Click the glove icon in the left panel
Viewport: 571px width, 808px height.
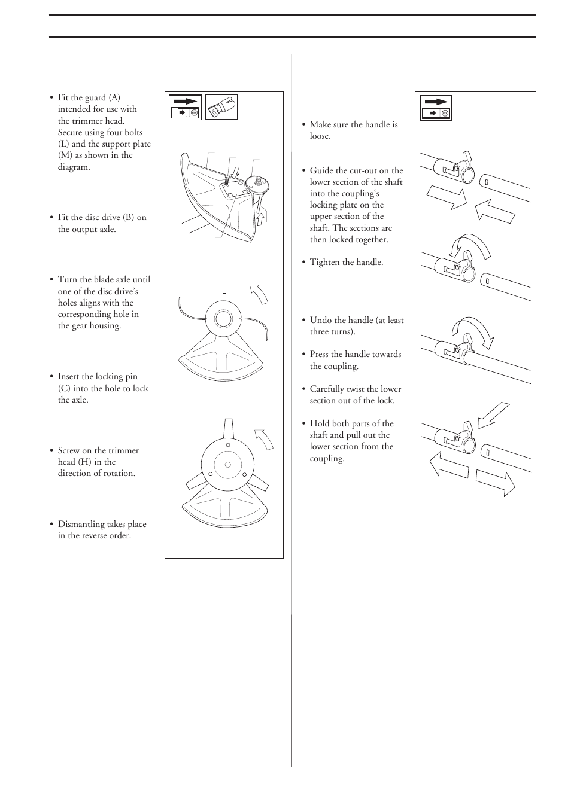point(221,108)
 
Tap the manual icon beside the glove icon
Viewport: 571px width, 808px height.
point(185,108)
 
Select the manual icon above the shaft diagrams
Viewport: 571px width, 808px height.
point(436,108)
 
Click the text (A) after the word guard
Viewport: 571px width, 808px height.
point(114,97)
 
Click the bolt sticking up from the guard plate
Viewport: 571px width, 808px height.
point(226,179)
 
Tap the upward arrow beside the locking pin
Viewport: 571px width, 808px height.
point(262,219)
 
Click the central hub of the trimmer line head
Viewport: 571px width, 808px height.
point(223,319)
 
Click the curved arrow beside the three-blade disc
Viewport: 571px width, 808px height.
point(265,440)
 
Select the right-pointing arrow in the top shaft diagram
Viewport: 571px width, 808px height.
point(447,198)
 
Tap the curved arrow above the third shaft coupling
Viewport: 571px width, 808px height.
point(472,331)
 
